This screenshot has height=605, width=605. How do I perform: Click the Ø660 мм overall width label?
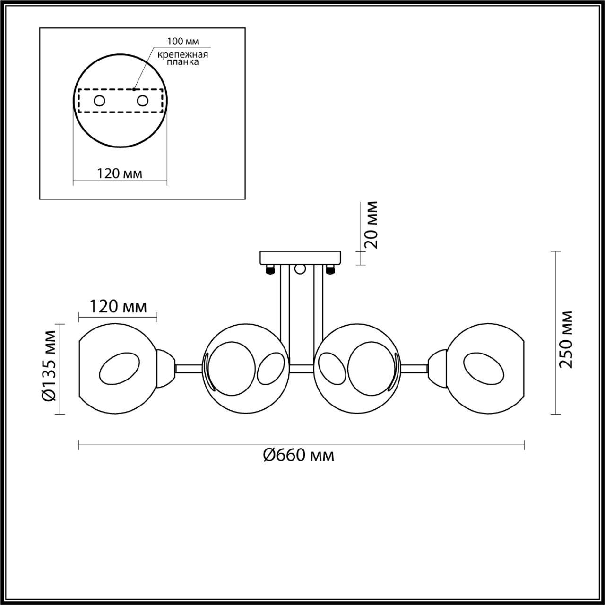(x=299, y=456)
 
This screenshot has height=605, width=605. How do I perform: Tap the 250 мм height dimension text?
(x=565, y=339)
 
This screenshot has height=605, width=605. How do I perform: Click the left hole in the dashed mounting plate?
(x=99, y=101)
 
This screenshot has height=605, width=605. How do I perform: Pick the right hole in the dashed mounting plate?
(x=142, y=101)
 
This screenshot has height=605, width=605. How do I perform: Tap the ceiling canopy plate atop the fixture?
(x=301, y=258)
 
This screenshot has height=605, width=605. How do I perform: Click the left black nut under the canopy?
(x=270, y=270)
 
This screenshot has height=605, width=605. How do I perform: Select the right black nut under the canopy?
(x=330, y=270)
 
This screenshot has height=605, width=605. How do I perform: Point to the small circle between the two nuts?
(x=300, y=269)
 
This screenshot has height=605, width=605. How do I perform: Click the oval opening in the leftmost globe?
(x=120, y=368)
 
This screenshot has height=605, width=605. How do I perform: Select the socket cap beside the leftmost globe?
(x=165, y=368)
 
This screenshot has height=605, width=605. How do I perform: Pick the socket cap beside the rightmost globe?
(x=438, y=368)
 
